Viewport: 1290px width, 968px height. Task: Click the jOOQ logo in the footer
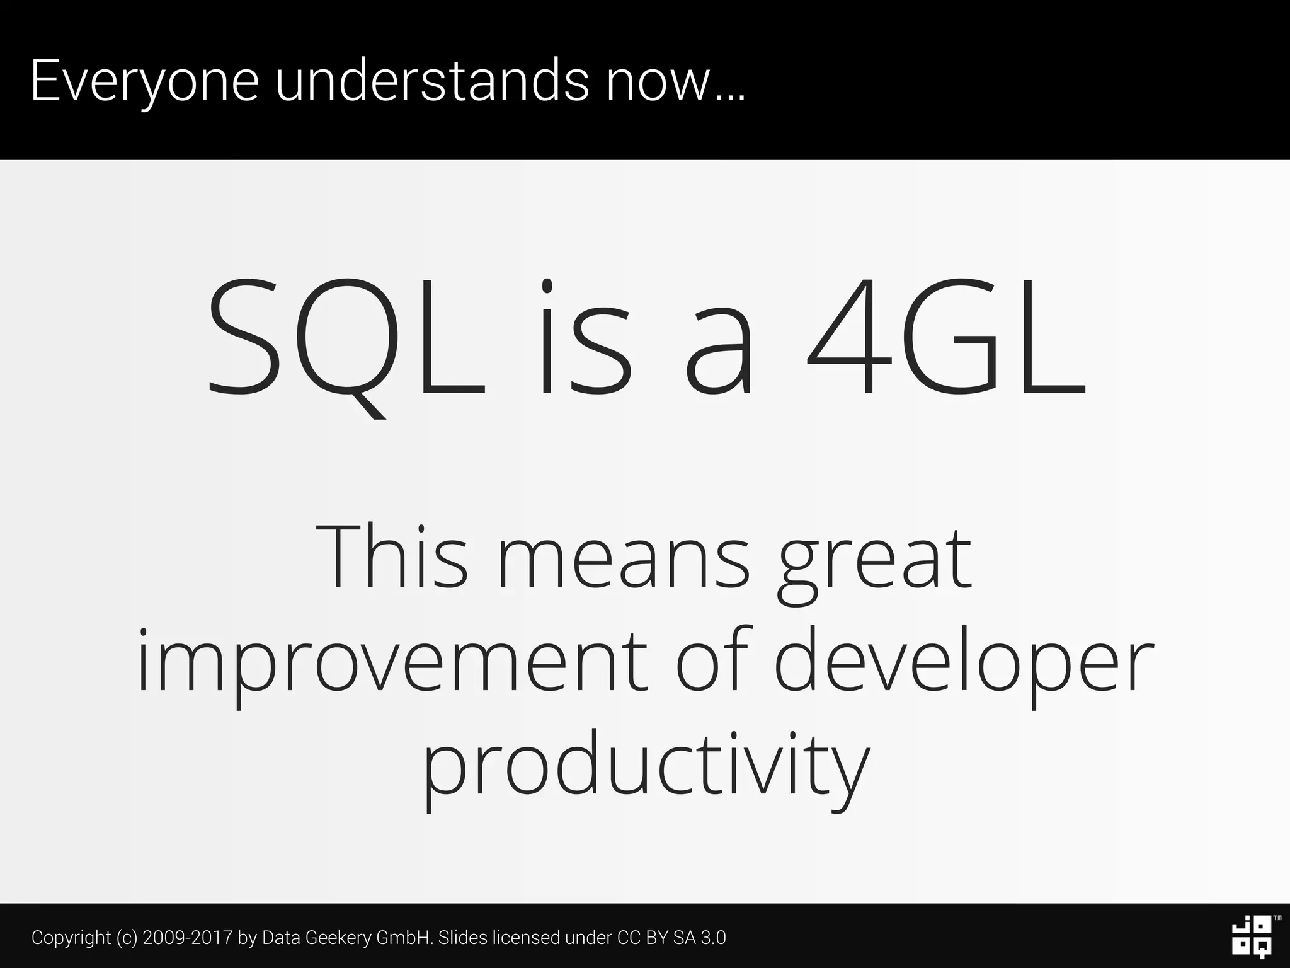[1251, 936]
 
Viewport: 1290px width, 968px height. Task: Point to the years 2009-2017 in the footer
[188, 937]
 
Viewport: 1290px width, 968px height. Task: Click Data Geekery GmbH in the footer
[346, 938]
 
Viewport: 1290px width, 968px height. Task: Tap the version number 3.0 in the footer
[713, 937]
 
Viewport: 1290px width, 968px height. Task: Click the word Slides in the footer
[462, 937]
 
